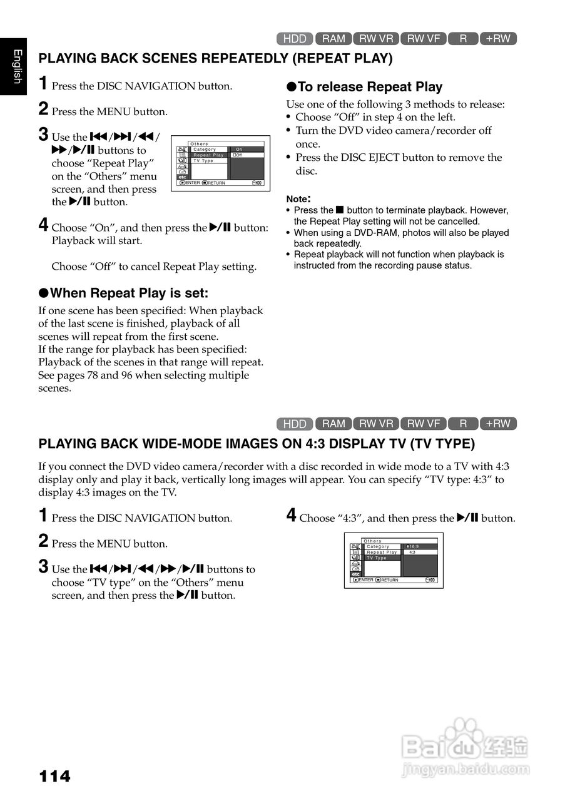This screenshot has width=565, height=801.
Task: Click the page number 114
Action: click(x=55, y=777)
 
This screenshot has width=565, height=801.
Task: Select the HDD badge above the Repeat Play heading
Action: click(x=295, y=39)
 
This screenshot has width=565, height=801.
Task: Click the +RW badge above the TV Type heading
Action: click(x=498, y=424)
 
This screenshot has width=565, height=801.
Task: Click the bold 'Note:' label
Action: click(x=298, y=198)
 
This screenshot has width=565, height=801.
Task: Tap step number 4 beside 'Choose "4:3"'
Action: click(x=291, y=516)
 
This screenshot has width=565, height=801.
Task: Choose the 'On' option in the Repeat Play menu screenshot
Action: click(x=239, y=150)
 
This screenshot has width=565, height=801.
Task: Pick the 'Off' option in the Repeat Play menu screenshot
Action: click(x=238, y=155)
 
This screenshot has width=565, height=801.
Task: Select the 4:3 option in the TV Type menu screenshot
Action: click(x=412, y=552)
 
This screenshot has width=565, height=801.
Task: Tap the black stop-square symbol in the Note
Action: click(x=340, y=210)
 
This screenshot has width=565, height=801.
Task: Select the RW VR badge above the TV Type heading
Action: click(x=377, y=424)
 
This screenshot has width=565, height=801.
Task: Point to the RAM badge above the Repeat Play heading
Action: click(x=333, y=39)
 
